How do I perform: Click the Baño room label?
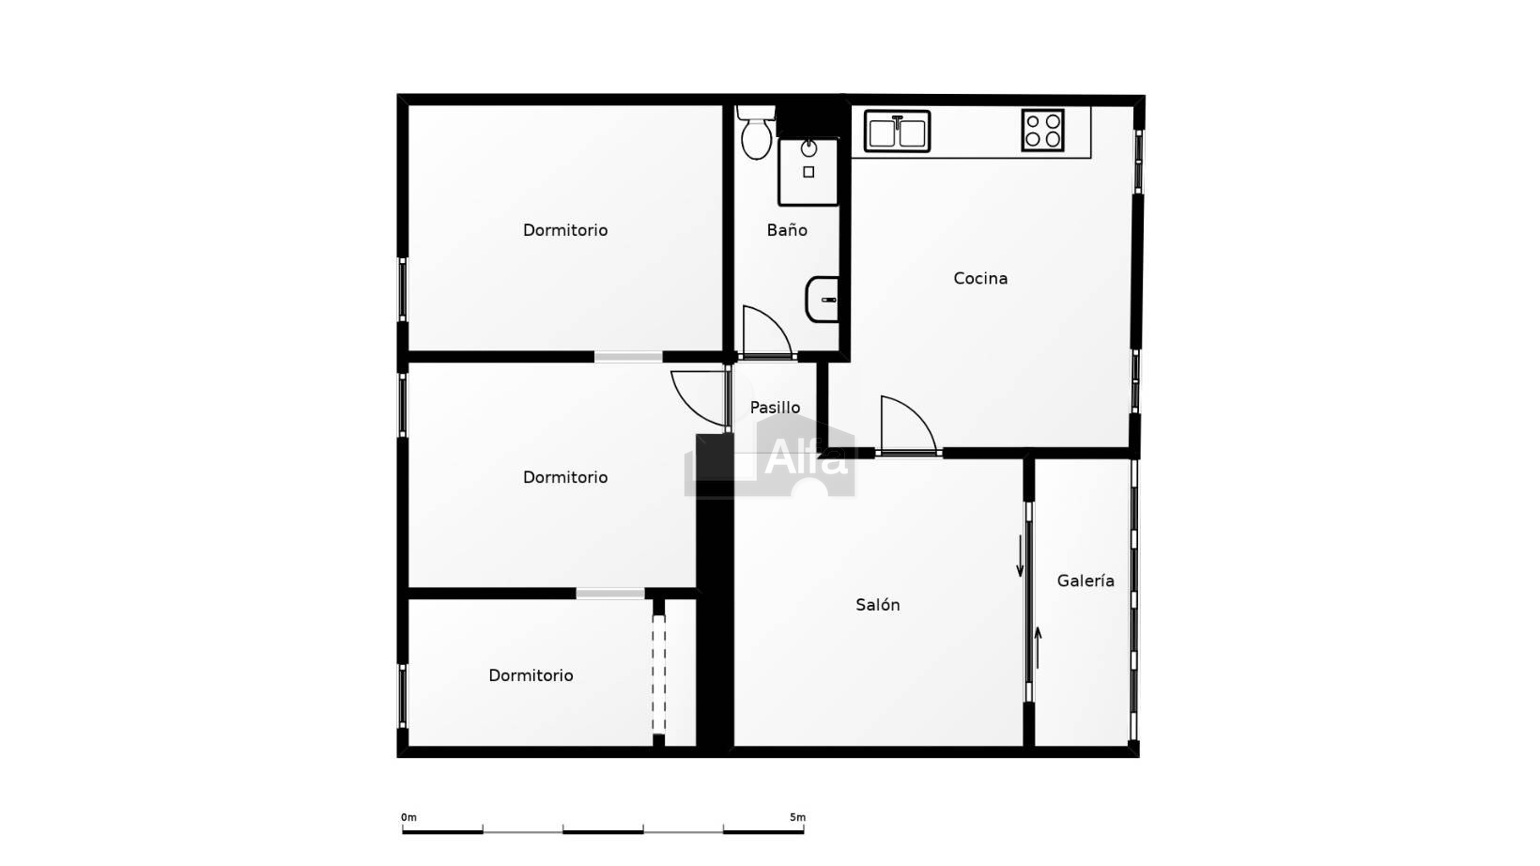787,230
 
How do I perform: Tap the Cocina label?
980,279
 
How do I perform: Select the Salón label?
877,605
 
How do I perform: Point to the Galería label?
1086,580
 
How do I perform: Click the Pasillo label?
775,408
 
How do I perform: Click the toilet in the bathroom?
756,132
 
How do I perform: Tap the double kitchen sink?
897,131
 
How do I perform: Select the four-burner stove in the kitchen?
1043,130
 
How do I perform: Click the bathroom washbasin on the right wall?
823,300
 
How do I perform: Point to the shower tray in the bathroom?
808,172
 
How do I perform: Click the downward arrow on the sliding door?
1020,556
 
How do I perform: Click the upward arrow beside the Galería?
1038,648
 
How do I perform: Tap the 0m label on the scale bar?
408,817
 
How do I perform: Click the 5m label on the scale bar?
797,817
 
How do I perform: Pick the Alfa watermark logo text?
806,457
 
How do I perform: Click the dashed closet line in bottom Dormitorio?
658,674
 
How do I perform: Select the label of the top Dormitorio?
565,230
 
